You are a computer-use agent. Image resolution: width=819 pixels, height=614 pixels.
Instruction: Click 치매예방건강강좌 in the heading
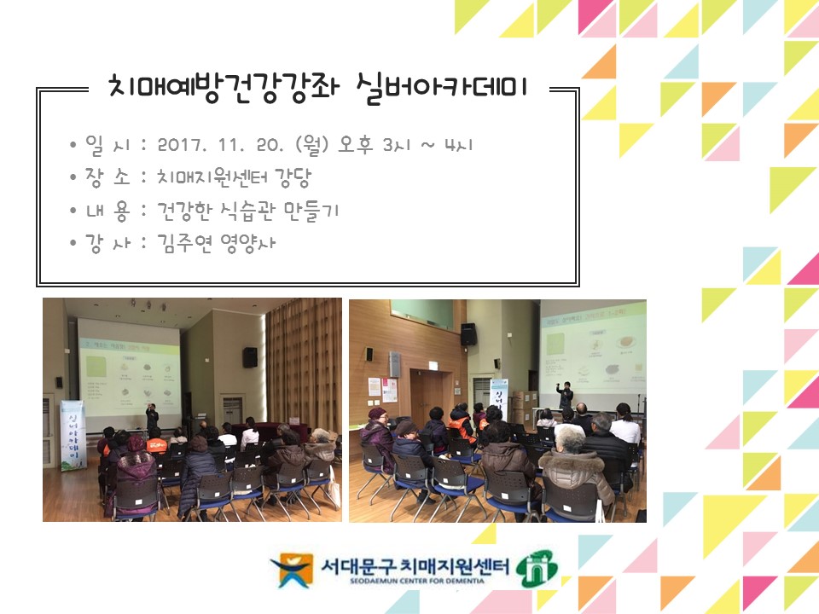click(223, 87)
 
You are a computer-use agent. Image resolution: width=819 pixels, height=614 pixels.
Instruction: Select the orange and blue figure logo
click(292, 570)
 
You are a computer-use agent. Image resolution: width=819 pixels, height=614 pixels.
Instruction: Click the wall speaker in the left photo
click(249, 356)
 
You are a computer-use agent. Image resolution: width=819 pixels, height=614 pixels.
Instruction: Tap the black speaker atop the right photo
click(468, 333)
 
